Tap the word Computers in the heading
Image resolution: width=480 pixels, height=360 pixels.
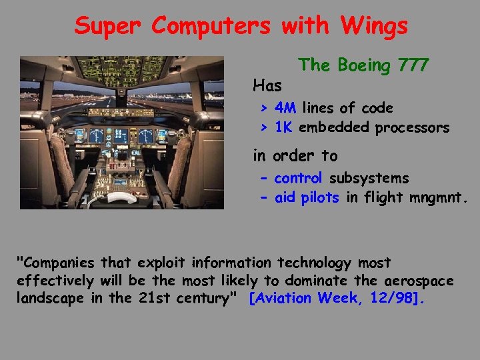(x=211, y=26)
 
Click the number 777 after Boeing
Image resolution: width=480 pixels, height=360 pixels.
(x=413, y=65)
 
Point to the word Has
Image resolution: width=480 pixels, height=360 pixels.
(x=267, y=85)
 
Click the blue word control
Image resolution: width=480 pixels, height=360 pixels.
(x=298, y=179)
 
